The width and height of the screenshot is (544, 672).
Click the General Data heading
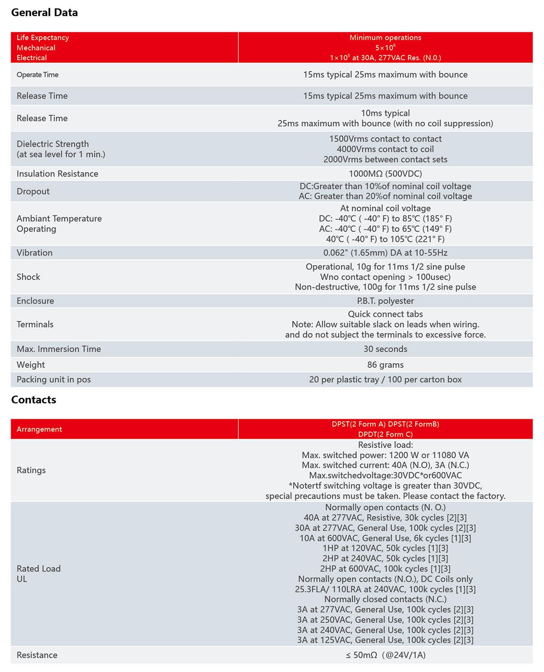click(x=44, y=13)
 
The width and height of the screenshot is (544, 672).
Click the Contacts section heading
click(x=34, y=400)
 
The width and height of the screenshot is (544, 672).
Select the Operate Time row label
click(x=38, y=75)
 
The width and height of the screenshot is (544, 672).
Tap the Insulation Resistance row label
click(x=58, y=174)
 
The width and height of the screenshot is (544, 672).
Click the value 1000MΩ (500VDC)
click(x=385, y=174)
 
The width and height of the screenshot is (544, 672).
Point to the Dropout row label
click(x=33, y=192)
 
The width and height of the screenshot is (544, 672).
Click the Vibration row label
click(x=34, y=253)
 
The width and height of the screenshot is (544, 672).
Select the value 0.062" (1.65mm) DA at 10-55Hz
click(x=385, y=253)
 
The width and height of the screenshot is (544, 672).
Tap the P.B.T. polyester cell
click(x=385, y=301)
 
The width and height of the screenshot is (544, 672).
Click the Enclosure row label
click(x=35, y=301)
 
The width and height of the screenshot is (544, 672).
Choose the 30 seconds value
click(x=385, y=349)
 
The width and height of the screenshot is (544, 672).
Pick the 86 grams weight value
click(x=385, y=365)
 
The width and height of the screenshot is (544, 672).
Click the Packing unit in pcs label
click(x=53, y=380)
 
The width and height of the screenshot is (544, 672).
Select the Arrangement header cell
click(x=39, y=429)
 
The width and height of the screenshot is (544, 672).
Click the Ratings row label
click(x=31, y=470)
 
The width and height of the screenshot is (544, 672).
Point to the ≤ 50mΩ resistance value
click(x=385, y=655)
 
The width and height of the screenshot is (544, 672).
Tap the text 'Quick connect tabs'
click(x=385, y=314)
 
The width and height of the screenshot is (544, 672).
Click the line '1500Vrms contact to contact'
click(x=385, y=139)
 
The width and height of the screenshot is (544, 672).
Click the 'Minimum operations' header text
click(x=385, y=38)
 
